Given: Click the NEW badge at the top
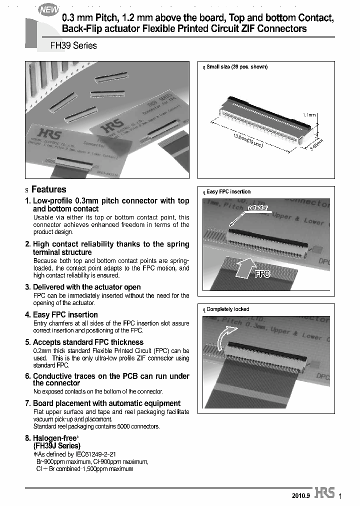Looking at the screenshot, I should pyautogui.click(x=49, y=9).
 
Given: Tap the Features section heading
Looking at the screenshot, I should pyautogui.click(x=48, y=189).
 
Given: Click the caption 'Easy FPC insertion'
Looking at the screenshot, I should pyautogui.click(x=228, y=191).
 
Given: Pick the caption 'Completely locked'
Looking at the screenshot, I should pyautogui.click(x=227, y=309).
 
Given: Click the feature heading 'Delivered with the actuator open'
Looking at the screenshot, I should pyautogui.click(x=86, y=287).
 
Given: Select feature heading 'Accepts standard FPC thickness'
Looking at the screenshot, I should pyautogui.click(x=88, y=342).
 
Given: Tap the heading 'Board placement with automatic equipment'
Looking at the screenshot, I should pyautogui.click(x=106, y=403).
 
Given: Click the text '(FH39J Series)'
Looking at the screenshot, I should pyautogui.click(x=56, y=445).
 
